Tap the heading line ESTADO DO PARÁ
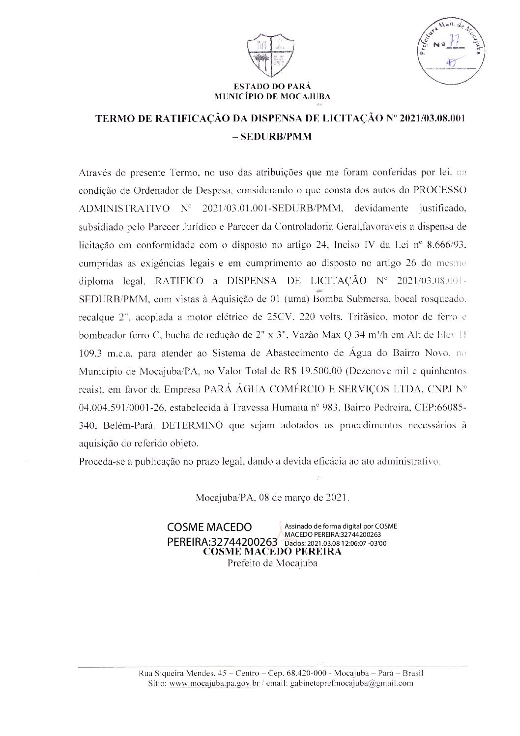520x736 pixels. pos(272,87)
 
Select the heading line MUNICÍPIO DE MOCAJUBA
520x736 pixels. pos(273,96)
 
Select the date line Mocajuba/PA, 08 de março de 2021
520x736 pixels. pos(272,497)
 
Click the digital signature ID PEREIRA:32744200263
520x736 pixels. pos(223,542)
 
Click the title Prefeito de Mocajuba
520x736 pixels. pos(272,563)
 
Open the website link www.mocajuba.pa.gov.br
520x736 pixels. pos(214,683)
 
